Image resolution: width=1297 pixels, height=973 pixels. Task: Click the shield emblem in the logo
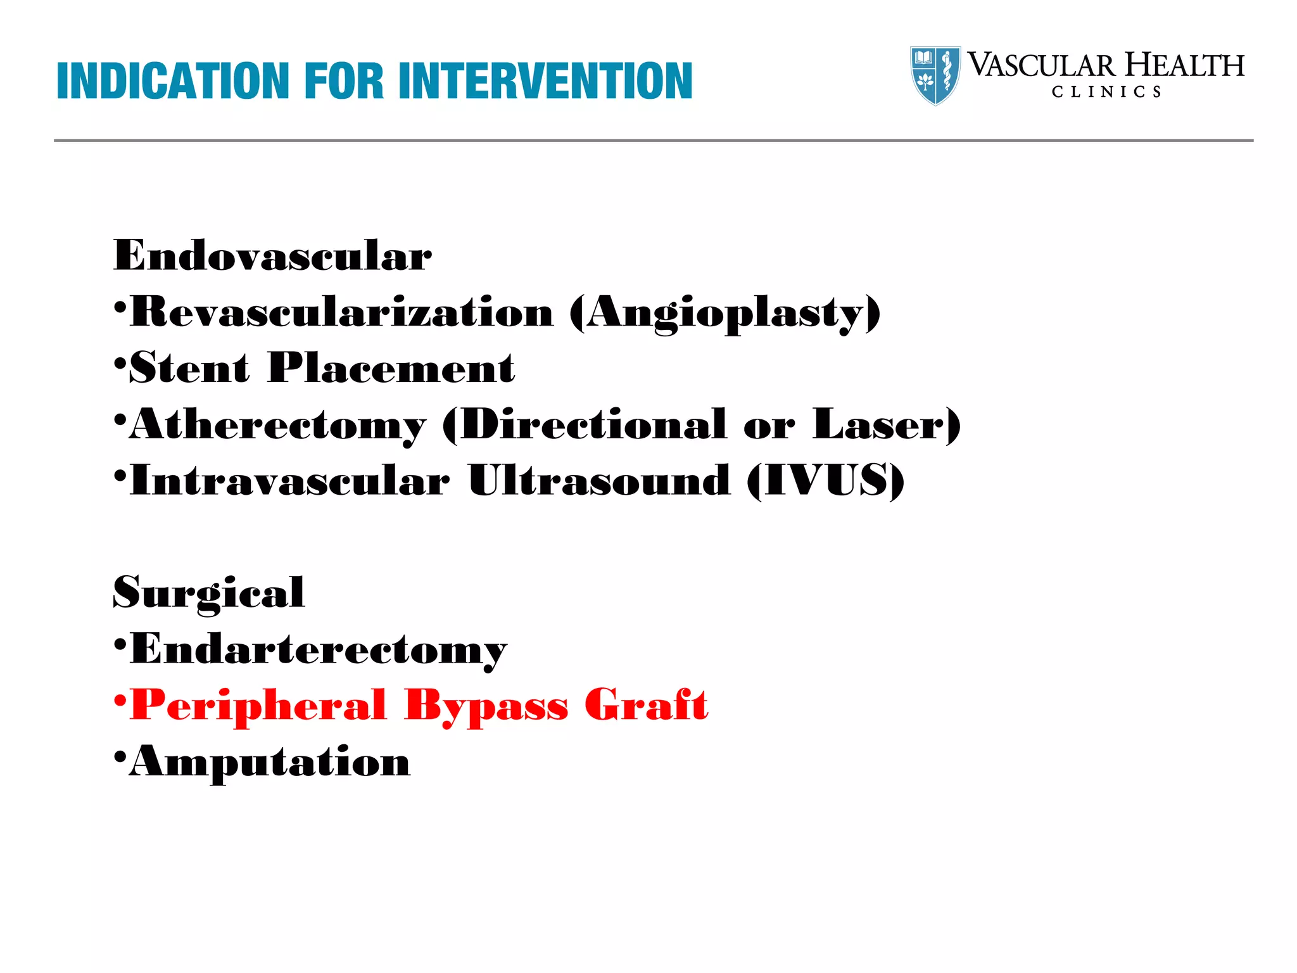tap(935, 75)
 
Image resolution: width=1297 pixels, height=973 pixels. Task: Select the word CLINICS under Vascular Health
tap(1106, 92)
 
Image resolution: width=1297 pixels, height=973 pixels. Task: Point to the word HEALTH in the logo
tap(1184, 66)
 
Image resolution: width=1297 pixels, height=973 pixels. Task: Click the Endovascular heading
tap(272, 256)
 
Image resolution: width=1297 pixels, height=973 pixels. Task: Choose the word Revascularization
tap(342, 312)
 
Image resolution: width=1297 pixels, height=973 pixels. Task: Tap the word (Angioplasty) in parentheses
tap(724, 313)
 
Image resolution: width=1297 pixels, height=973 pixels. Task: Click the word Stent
tap(189, 368)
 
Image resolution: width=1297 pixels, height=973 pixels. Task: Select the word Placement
tap(391, 368)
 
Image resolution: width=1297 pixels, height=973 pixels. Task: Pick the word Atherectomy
tap(278, 425)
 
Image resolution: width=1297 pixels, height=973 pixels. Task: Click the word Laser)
tap(887, 424)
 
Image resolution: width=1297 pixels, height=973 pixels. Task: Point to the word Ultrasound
tap(599, 481)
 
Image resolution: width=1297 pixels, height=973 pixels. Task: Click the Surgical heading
tap(209, 593)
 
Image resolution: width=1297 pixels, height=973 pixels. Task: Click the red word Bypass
tap(486, 706)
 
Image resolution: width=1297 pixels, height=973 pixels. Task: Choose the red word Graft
tap(646, 704)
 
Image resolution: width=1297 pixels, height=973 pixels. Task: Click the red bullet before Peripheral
tap(120, 702)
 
